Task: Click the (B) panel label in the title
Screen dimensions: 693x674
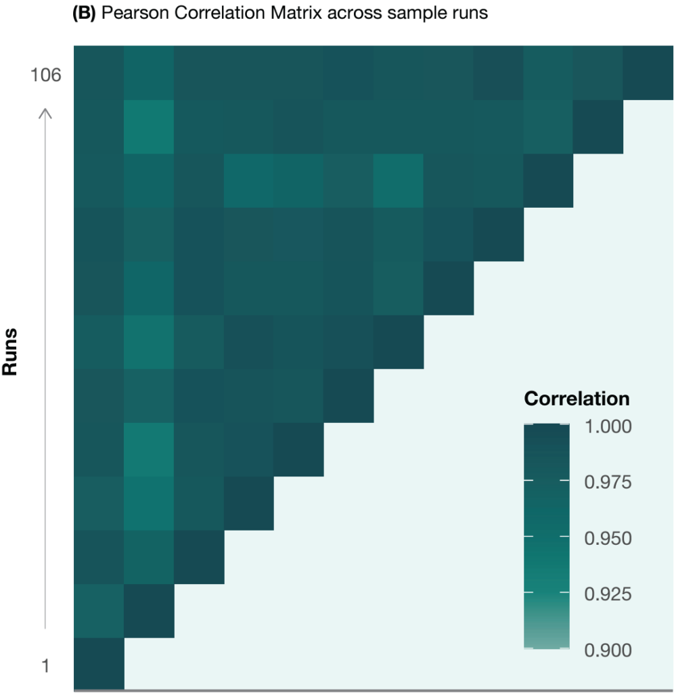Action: (85, 14)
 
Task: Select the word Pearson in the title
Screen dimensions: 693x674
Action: (127, 14)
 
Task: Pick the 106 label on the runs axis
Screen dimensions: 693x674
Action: (46, 75)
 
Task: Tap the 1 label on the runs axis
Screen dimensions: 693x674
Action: (45, 666)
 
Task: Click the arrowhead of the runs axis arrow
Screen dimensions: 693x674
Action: (45, 112)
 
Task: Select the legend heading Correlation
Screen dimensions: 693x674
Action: (577, 399)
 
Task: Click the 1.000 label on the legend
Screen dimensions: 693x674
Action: (608, 426)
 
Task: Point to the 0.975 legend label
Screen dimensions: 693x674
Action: (608, 483)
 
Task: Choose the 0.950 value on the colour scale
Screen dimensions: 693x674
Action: (608, 539)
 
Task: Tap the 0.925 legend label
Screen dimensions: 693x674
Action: (608, 594)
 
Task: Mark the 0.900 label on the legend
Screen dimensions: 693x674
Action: (608, 650)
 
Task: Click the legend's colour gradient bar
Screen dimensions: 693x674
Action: (547, 538)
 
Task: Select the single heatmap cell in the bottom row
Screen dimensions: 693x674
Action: (99, 664)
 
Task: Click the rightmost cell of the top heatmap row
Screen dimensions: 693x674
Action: (648, 72)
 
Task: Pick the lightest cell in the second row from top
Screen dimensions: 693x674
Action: (149, 126)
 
